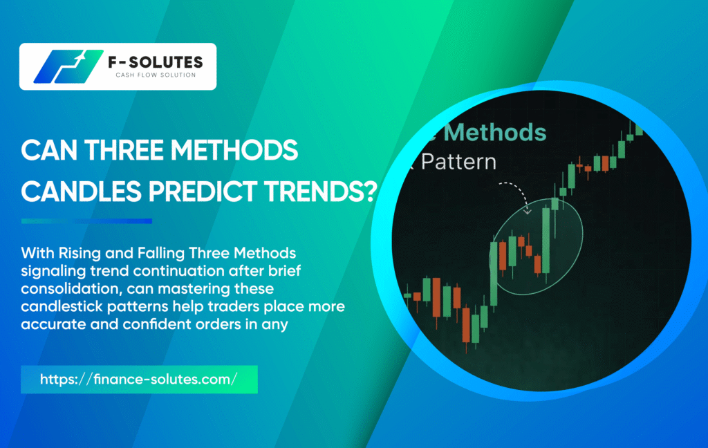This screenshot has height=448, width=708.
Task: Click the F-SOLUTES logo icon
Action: (68, 66)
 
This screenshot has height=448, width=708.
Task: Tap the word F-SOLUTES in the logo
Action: (156, 62)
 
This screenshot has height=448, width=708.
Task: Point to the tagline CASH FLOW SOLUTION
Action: (156, 75)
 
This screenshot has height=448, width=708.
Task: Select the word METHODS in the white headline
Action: (234, 151)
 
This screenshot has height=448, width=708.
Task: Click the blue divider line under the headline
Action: (86, 221)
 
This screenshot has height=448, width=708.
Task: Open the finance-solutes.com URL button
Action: (139, 380)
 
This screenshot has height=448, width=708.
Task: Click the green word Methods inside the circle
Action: (495, 133)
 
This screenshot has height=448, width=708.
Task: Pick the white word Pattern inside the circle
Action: (459, 162)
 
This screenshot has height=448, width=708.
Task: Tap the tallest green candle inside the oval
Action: (546, 241)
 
